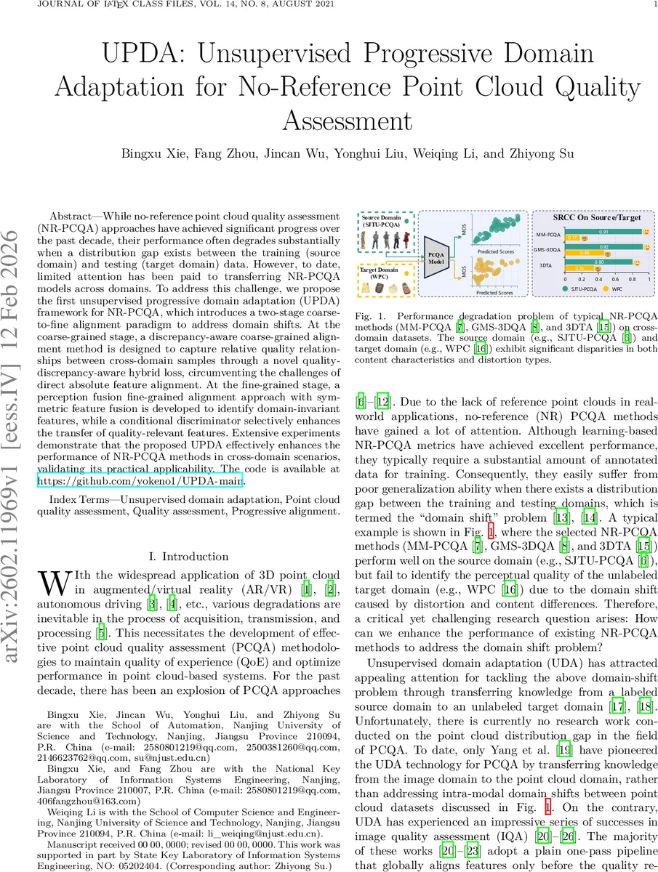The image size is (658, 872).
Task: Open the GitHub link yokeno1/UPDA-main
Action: (143, 480)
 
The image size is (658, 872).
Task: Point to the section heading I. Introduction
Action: (188, 557)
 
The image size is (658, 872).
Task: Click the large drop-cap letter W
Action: (55, 584)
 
